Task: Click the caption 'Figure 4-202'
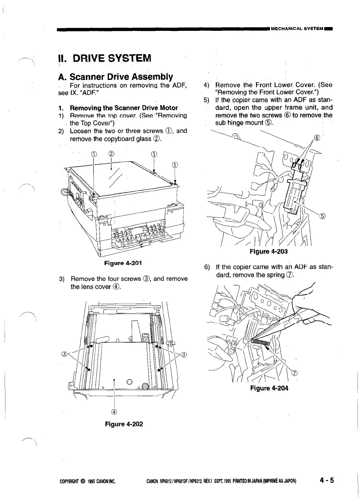tap(123, 424)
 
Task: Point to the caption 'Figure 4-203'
tap(269, 252)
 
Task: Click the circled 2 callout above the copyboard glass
tap(111, 153)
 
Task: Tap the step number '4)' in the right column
tap(206, 86)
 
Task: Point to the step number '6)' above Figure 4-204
tap(206, 267)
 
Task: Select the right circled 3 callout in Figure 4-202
tap(184, 354)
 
